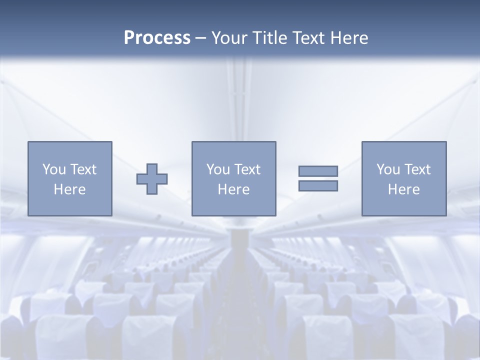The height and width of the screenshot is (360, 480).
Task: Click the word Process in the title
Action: pos(157,38)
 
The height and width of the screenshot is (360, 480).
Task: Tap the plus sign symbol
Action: pos(152,179)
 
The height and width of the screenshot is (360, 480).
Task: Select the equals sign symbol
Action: pos(318,178)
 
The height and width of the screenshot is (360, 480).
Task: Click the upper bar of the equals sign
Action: pos(318,171)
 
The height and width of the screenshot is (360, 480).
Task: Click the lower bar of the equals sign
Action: pos(318,185)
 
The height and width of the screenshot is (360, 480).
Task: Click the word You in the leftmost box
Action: pos(54,169)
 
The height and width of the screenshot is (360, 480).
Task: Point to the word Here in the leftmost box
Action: pos(69,189)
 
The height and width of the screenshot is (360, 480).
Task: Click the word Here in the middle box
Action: pos(233,189)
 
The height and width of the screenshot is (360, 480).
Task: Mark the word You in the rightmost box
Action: pos(388,169)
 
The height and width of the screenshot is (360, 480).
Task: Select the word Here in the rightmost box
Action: pos(403,189)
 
